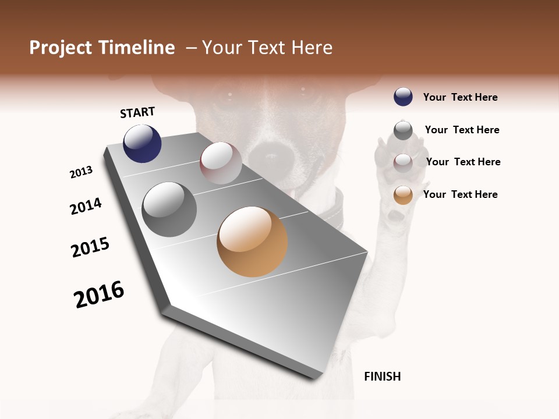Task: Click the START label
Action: (137, 112)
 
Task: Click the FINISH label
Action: (382, 377)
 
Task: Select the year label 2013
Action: (81, 172)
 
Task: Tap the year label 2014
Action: (86, 206)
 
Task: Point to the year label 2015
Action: (90, 247)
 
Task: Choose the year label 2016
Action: (99, 294)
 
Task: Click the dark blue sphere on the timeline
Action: (142, 143)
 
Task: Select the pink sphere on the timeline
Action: (221, 163)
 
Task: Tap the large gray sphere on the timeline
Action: (169, 210)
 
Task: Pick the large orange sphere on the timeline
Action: (252, 242)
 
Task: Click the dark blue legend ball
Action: (403, 97)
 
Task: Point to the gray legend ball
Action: (403, 130)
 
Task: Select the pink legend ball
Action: (403, 163)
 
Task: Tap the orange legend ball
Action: (403, 195)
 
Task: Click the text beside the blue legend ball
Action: (460, 97)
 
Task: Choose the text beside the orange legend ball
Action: (460, 194)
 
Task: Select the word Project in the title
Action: (61, 48)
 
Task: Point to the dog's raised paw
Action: (396, 175)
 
